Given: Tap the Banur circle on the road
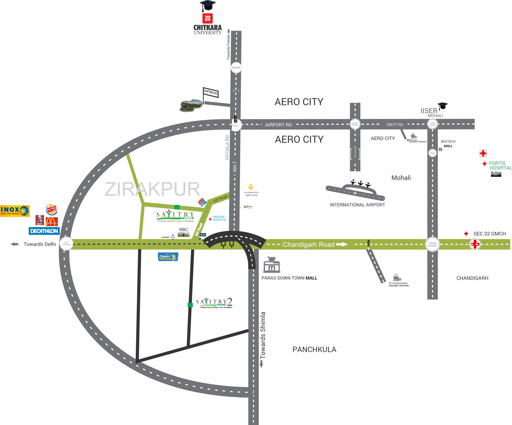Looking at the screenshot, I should click(x=236, y=68).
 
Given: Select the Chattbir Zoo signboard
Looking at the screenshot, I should click(x=211, y=92).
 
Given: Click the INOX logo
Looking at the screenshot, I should click(x=15, y=211).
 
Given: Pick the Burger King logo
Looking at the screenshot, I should click(x=52, y=209).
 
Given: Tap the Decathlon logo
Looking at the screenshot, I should click(x=44, y=231).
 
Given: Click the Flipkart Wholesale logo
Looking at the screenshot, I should click(x=168, y=257).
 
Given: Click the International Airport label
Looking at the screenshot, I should click(x=357, y=205).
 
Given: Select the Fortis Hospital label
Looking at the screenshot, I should click(x=500, y=166).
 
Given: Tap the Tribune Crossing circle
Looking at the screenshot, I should click(x=432, y=244).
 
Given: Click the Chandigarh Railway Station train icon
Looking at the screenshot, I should click(x=397, y=277).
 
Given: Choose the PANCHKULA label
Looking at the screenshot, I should click(x=314, y=350).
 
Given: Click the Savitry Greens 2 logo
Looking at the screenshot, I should click(x=214, y=303).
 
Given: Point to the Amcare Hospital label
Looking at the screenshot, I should click(x=219, y=218).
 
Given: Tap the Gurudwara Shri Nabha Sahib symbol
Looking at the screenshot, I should click(x=251, y=187).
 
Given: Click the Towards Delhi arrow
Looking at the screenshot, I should click(x=15, y=244).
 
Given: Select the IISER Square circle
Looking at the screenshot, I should click(x=432, y=124).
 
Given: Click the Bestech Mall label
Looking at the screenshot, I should click(x=448, y=144).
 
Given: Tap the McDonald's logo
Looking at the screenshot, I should click(x=52, y=221).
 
